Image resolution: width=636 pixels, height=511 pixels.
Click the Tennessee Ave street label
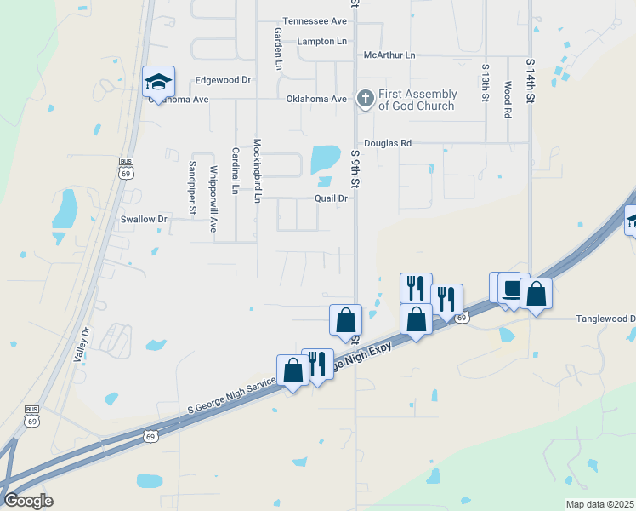[x=315, y=20]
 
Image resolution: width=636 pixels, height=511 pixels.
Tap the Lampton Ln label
[x=322, y=41]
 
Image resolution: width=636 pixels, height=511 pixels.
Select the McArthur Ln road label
[x=389, y=55]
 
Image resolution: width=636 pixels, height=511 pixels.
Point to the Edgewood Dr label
[x=224, y=80]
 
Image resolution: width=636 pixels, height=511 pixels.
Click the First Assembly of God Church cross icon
[x=365, y=99]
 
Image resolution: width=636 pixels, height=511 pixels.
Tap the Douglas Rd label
[x=388, y=143]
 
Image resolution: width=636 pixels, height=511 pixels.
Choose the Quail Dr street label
[x=332, y=198]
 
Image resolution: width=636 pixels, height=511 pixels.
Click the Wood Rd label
[x=508, y=100]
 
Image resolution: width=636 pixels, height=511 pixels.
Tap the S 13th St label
[x=486, y=83]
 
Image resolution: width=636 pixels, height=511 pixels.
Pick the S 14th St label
[x=530, y=82]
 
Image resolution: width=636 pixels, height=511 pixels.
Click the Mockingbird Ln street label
[x=257, y=171]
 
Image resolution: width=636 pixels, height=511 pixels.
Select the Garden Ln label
[x=278, y=47]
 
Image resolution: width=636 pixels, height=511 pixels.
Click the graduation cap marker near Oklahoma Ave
[x=158, y=82]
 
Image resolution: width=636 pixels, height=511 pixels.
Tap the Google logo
[x=27, y=501]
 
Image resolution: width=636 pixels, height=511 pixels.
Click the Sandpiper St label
[x=192, y=187]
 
